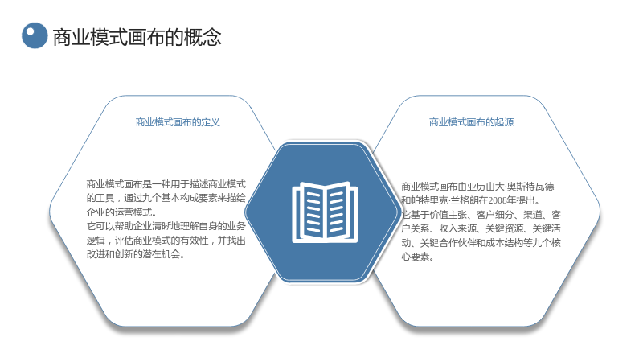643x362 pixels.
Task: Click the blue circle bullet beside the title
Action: [x=35, y=35]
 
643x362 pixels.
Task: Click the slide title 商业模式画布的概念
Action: [x=137, y=37]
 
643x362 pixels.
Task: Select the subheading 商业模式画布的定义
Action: [x=178, y=122]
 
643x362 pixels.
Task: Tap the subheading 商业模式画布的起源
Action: [x=471, y=122]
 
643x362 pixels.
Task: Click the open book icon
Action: [x=325, y=212]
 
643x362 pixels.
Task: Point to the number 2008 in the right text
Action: [x=497, y=200]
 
